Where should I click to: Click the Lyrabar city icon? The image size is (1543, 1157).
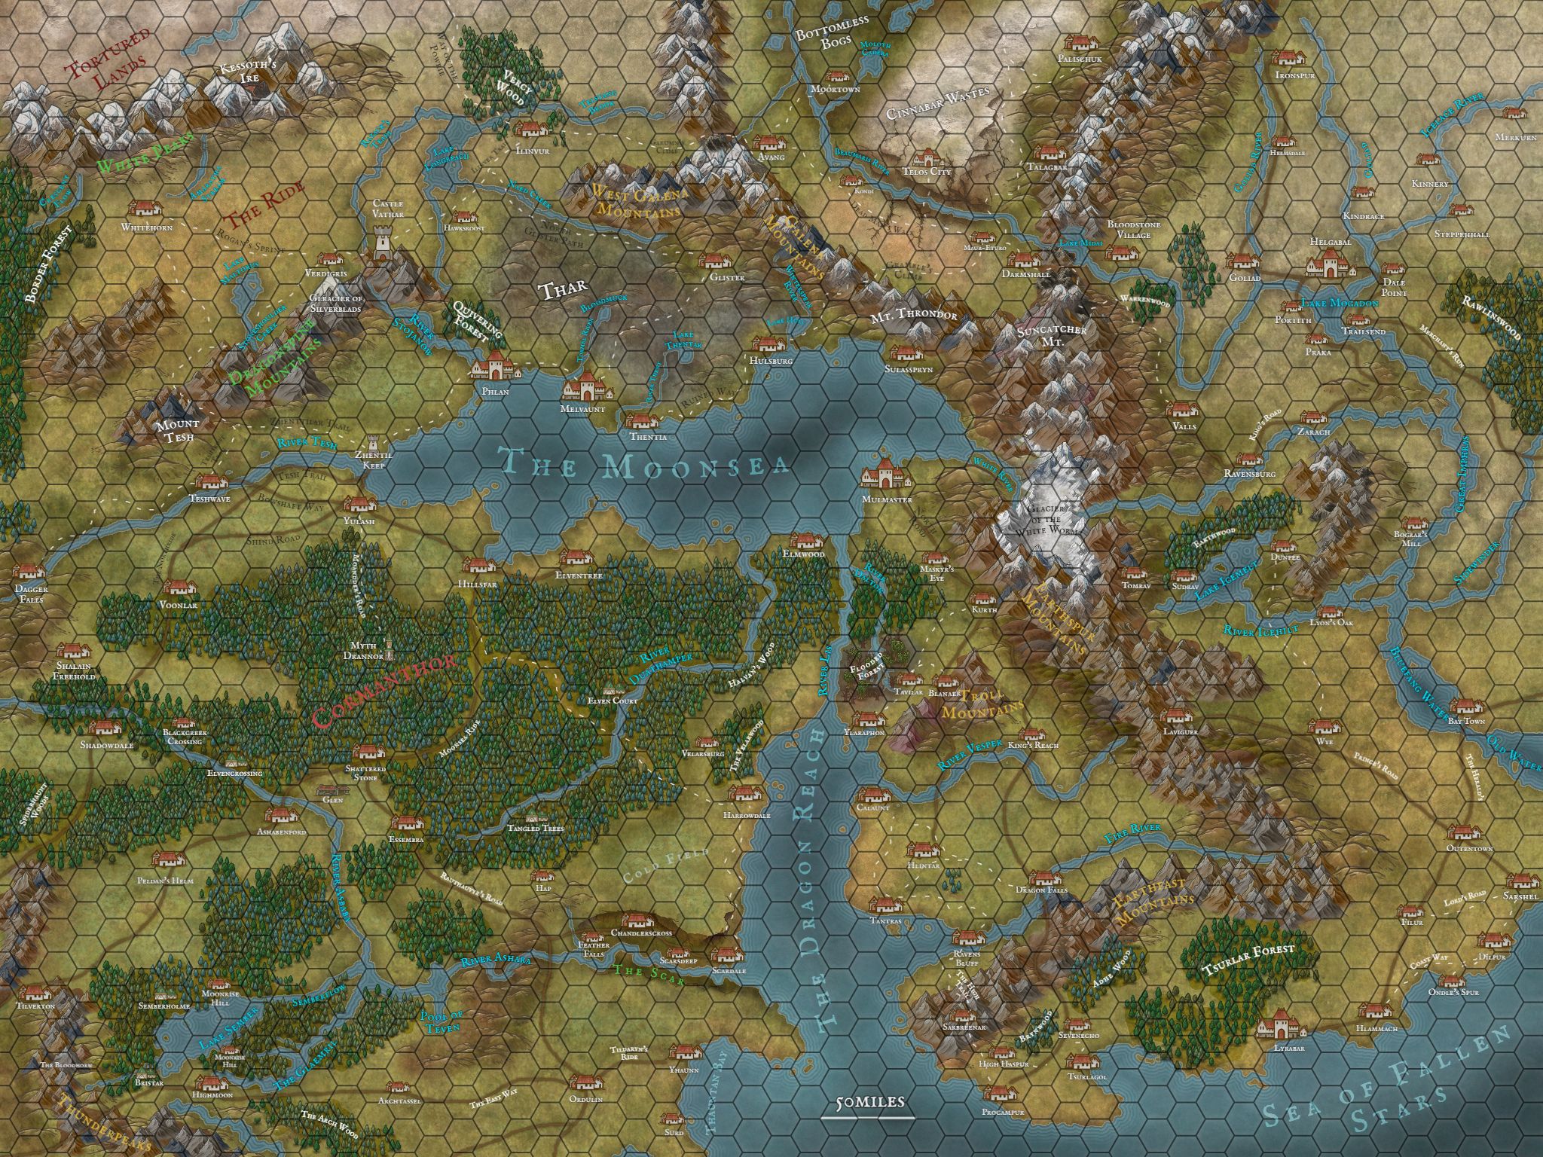pyautogui.click(x=1278, y=1030)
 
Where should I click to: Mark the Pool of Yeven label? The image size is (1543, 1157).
pyautogui.click(x=439, y=1022)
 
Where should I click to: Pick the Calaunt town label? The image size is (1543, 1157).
pyautogui.click(x=873, y=808)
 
